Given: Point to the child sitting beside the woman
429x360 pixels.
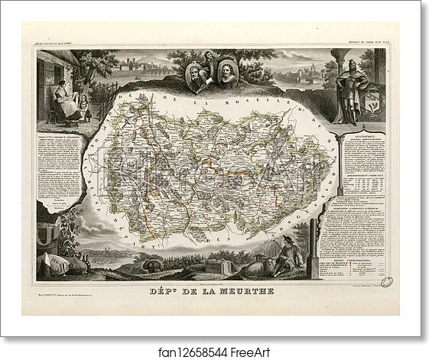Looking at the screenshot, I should (x=83, y=107).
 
